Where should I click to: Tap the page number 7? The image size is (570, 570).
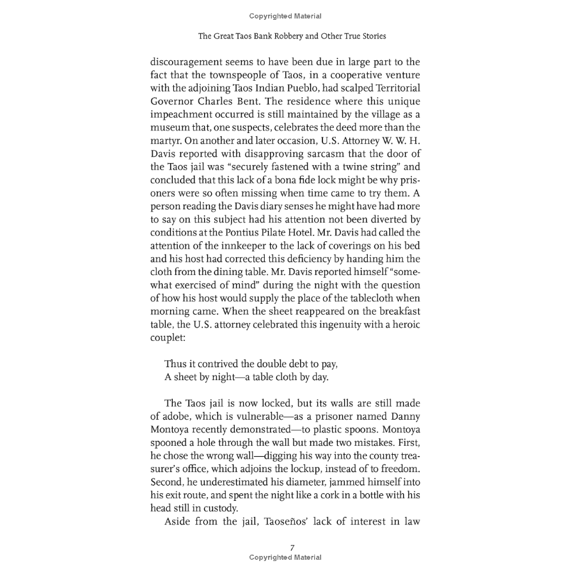pyautogui.click(x=292, y=547)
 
